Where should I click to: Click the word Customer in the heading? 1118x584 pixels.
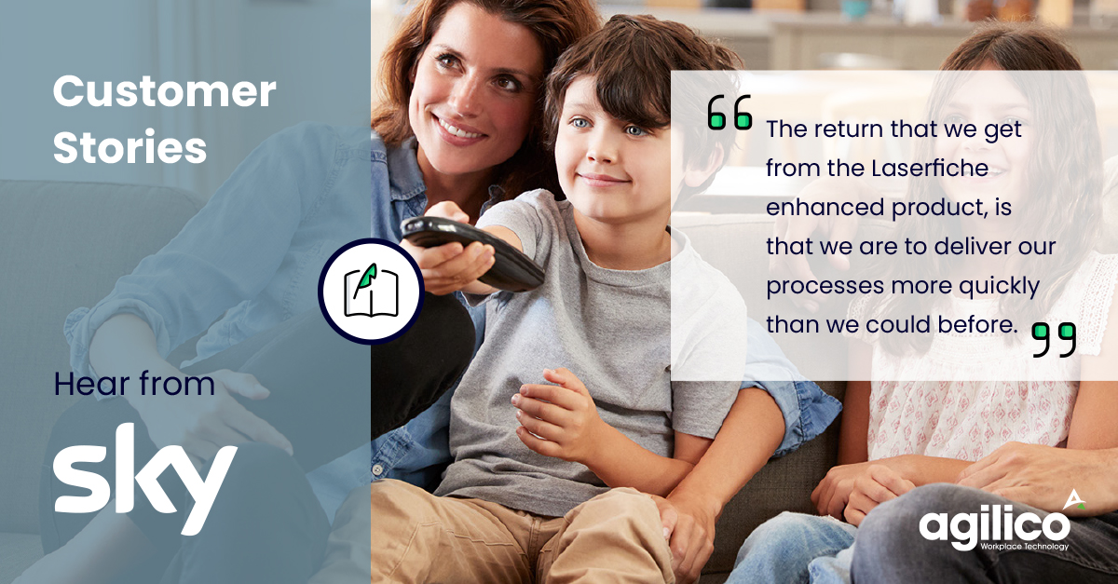point(164,93)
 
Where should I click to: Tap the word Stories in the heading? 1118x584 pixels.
point(130,148)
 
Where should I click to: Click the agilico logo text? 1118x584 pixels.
point(994,528)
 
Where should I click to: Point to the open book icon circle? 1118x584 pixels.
point(372,292)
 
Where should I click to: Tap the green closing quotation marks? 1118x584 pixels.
point(1054,339)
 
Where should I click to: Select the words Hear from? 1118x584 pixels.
point(134,384)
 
